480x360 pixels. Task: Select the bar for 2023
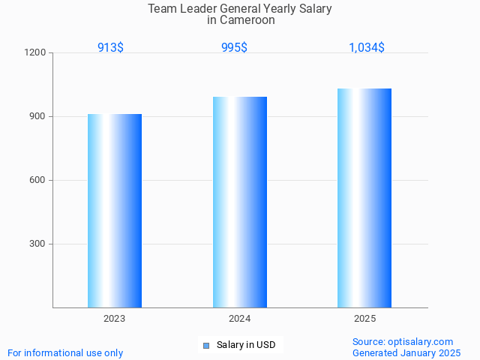point(115,211)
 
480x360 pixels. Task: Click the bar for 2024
point(240,202)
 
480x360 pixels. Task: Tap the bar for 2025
point(364,198)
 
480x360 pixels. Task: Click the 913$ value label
point(110,47)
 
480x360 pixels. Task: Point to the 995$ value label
point(234,47)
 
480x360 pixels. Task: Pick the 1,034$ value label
point(367,47)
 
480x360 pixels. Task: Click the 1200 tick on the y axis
point(36,53)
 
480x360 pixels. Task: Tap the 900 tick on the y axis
point(37,117)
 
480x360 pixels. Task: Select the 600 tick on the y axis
point(37,181)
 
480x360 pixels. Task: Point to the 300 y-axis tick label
point(37,244)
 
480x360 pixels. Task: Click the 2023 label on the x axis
point(115,319)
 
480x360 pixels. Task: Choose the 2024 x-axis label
point(240,319)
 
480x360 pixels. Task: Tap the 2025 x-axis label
point(364,319)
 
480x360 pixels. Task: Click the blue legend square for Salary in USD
point(206,346)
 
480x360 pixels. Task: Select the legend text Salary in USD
point(246,345)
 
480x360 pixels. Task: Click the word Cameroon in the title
point(247,20)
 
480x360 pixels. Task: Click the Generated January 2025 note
point(406,352)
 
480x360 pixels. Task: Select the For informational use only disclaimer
point(65,352)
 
